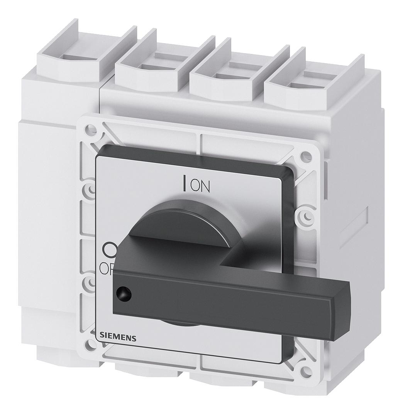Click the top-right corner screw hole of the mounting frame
click(x=306, y=157)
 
